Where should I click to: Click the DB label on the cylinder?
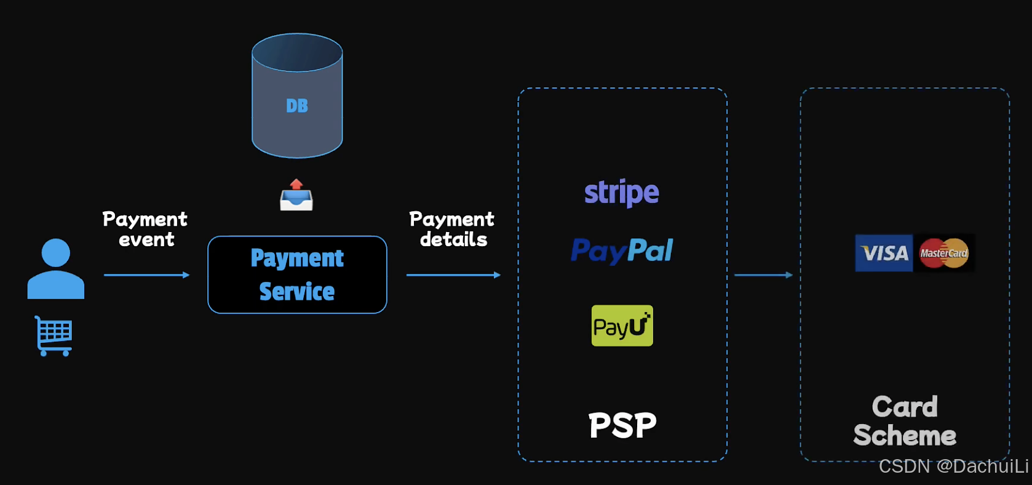point(297,106)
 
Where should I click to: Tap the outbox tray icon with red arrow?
point(296,196)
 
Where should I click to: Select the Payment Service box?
point(297,275)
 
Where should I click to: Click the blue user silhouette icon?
point(56,270)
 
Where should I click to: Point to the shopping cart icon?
point(54,336)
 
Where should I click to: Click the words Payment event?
point(145,229)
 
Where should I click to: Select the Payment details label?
point(452,229)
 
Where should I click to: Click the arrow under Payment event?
point(146,275)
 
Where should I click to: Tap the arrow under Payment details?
point(453,275)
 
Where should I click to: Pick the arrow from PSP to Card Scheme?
point(763,275)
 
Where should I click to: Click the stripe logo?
point(622,193)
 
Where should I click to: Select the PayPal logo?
point(622,251)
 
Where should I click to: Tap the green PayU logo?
point(622,326)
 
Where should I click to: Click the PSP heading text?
point(622,425)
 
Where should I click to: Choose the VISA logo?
point(884,253)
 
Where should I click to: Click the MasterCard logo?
point(944,253)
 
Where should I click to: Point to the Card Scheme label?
point(905,421)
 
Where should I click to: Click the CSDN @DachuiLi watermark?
point(953,467)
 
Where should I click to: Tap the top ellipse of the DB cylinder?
point(297,53)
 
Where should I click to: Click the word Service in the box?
point(297,292)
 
